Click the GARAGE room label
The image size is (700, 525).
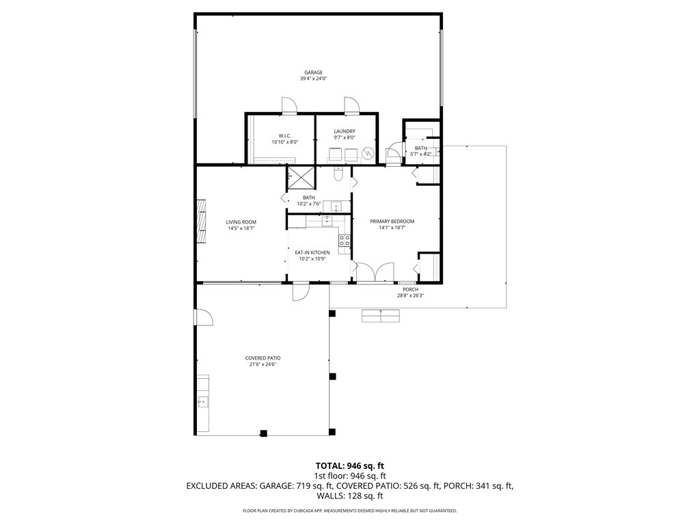[x=314, y=72]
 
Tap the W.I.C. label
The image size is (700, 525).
[x=285, y=136]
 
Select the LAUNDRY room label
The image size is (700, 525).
[x=345, y=131]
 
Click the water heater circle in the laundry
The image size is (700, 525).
[x=368, y=153]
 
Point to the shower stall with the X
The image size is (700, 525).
[x=301, y=177]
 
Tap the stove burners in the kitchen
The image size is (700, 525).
[x=345, y=240]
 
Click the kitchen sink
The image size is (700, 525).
[x=327, y=220]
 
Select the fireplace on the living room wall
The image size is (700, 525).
[x=201, y=221]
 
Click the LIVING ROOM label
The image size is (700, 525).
[x=241, y=222]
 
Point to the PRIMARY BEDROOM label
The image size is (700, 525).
[x=392, y=221]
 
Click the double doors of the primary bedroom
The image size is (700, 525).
[x=375, y=273]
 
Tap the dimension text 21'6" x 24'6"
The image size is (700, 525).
[x=263, y=365]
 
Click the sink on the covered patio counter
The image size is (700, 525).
[x=202, y=402]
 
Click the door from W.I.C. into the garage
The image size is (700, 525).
[x=288, y=105]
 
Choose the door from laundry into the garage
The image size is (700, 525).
[x=351, y=105]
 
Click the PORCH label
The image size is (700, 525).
[x=410, y=289]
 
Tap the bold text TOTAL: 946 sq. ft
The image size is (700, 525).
[x=350, y=466]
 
